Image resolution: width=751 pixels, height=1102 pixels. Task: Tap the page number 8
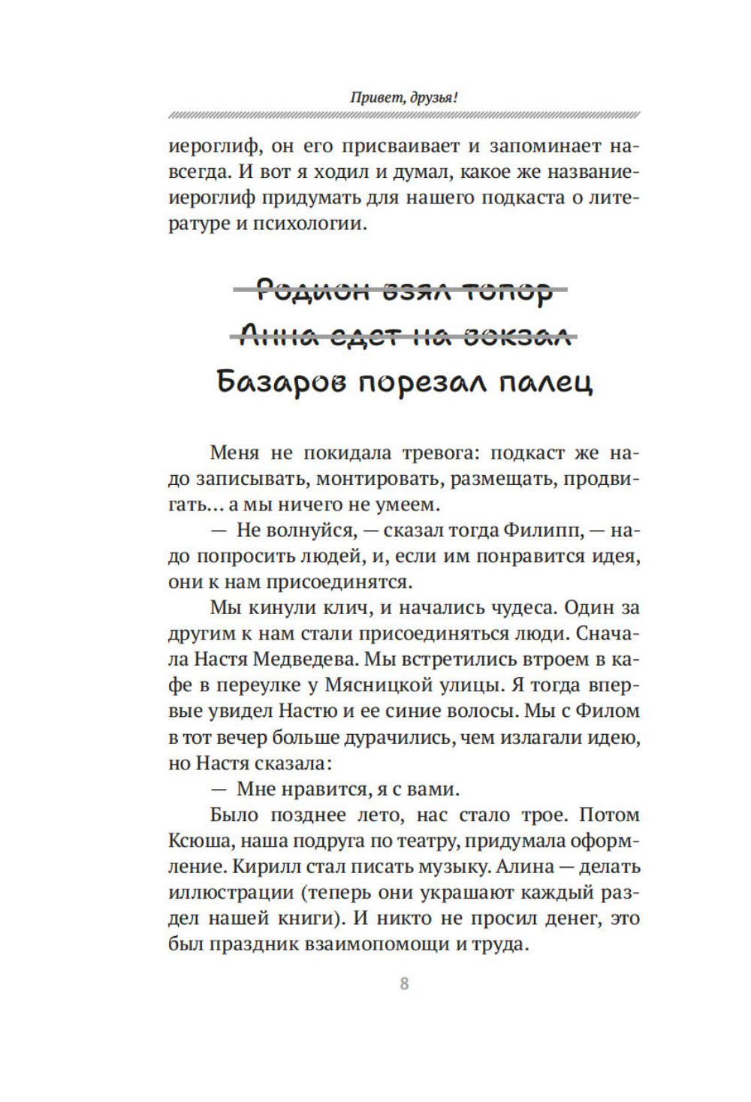pyautogui.click(x=404, y=983)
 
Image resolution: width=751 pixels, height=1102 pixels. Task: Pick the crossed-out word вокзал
pyautogui.click(x=518, y=336)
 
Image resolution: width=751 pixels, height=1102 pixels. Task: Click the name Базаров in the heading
pyautogui.click(x=282, y=382)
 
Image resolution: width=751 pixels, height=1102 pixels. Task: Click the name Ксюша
pyautogui.click(x=195, y=841)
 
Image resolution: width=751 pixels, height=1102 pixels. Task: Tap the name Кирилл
pyautogui.click(x=265, y=867)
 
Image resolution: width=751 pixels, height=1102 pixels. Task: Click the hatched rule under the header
pyautogui.click(x=404, y=116)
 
